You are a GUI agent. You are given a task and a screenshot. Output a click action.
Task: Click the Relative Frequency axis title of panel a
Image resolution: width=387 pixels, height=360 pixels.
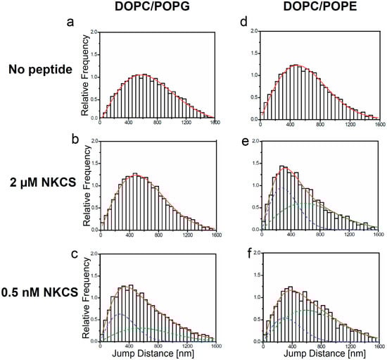click(85, 74)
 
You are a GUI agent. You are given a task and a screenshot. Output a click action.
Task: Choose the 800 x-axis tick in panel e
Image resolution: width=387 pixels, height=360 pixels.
click(320, 235)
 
